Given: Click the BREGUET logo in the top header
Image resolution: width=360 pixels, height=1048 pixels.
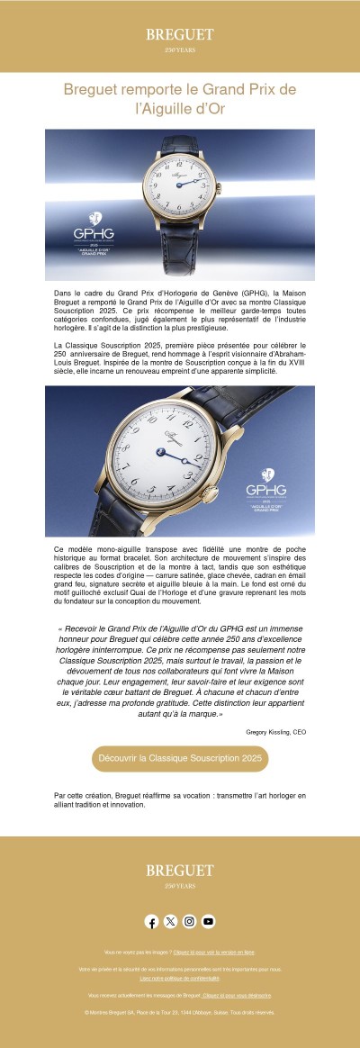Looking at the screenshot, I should pyautogui.click(x=180, y=34).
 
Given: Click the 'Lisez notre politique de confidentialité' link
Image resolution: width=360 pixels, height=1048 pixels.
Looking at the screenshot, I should pyautogui.click(x=180, y=977).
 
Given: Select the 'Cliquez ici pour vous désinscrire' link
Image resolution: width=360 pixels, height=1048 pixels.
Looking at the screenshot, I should pyautogui.click(x=237, y=995).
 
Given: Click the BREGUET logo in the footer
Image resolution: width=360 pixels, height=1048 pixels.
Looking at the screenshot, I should pyautogui.click(x=180, y=871).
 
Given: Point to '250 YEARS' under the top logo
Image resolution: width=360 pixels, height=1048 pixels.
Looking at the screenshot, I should pyautogui.click(x=180, y=49).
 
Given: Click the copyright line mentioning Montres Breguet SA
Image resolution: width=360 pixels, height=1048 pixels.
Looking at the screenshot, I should pyautogui.click(x=180, y=1013).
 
